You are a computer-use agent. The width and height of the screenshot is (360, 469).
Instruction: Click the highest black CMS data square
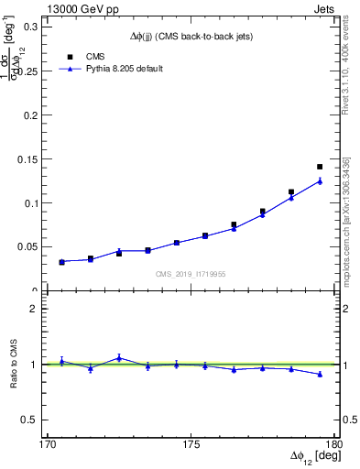pyautogui.click(x=320, y=167)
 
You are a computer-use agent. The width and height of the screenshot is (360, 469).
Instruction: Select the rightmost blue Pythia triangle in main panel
pyautogui.click(x=320, y=180)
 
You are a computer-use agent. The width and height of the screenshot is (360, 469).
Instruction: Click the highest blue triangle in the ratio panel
pyautogui.click(x=119, y=357)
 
